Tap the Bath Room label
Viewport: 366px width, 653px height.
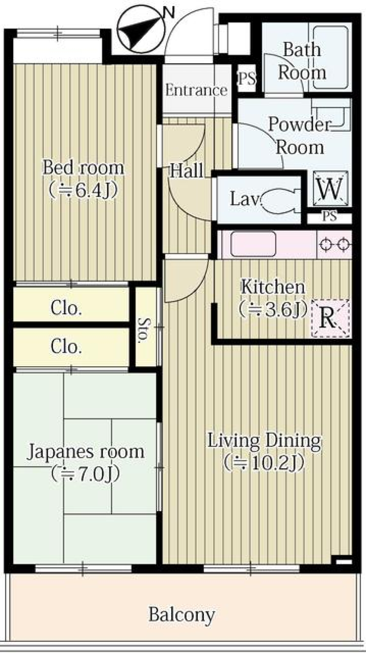301,61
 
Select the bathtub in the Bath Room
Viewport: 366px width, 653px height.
330,57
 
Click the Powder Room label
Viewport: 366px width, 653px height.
300,136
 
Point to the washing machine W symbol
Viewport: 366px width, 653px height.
330,189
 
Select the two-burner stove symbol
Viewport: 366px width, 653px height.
335,244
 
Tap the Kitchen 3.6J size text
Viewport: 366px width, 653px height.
273,310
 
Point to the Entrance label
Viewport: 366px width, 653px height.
196,90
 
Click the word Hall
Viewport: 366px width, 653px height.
186,170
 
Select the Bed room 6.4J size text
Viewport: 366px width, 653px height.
83,189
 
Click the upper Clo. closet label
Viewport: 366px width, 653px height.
66,308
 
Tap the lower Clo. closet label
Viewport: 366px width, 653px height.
66,346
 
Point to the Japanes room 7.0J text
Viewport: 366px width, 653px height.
86,473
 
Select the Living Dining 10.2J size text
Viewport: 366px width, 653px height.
264,462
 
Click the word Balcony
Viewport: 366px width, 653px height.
182,614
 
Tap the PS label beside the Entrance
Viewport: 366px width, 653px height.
247,79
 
